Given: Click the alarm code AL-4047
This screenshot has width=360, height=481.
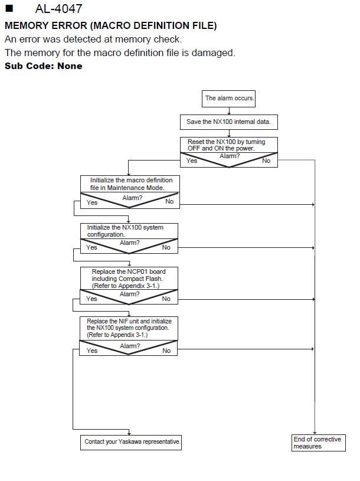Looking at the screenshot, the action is click(x=58, y=9).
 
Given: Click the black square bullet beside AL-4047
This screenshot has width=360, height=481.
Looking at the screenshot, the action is click(x=9, y=8).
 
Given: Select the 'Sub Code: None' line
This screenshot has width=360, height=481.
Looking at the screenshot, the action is click(x=44, y=66).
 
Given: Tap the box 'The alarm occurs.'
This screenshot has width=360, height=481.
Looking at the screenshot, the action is click(x=228, y=99).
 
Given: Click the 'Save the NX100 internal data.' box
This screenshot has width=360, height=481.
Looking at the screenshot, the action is click(x=229, y=122).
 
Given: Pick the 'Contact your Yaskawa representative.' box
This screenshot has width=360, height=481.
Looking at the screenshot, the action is click(x=131, y=443).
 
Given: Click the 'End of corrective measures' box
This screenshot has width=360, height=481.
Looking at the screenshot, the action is click(x=318, y=443).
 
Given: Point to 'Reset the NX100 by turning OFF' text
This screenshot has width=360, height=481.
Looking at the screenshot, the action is click(x=226, y=145).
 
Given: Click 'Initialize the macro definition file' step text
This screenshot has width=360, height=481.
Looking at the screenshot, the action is click(x=131, y=184).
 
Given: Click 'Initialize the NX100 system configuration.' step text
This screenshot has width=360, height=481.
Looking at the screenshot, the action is click(x=125, y=231).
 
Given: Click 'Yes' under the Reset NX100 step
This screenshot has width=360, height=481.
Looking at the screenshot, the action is click(x=192, y=161).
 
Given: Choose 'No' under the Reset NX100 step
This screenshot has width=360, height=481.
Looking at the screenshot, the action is click(x=266, y=161).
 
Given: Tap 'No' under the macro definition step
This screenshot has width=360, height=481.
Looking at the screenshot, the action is click(x=169, y=201).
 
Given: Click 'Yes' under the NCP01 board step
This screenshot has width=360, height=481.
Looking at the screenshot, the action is click(x=91, y=299).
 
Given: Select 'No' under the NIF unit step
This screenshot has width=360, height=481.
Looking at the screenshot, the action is click(x=166, y=351).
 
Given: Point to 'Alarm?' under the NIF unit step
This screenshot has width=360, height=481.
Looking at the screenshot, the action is click(x=130, y=346).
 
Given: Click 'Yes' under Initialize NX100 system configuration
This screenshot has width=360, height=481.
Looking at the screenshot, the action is click(x=91, y=247).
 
